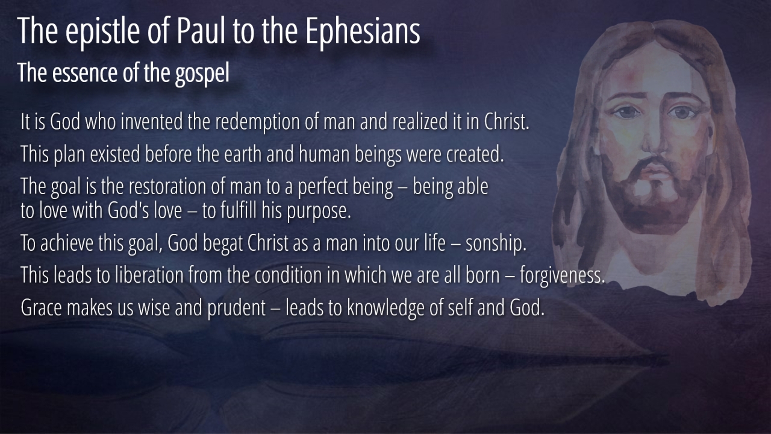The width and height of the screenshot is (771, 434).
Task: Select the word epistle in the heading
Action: [x=102, y=33]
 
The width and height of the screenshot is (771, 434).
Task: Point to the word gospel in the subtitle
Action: [x=202, y=74]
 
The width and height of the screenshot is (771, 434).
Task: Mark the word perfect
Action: [x=323, y=187]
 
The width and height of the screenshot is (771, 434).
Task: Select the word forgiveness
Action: [x=562, y=276]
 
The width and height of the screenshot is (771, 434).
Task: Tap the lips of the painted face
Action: [x=657, y=169]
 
